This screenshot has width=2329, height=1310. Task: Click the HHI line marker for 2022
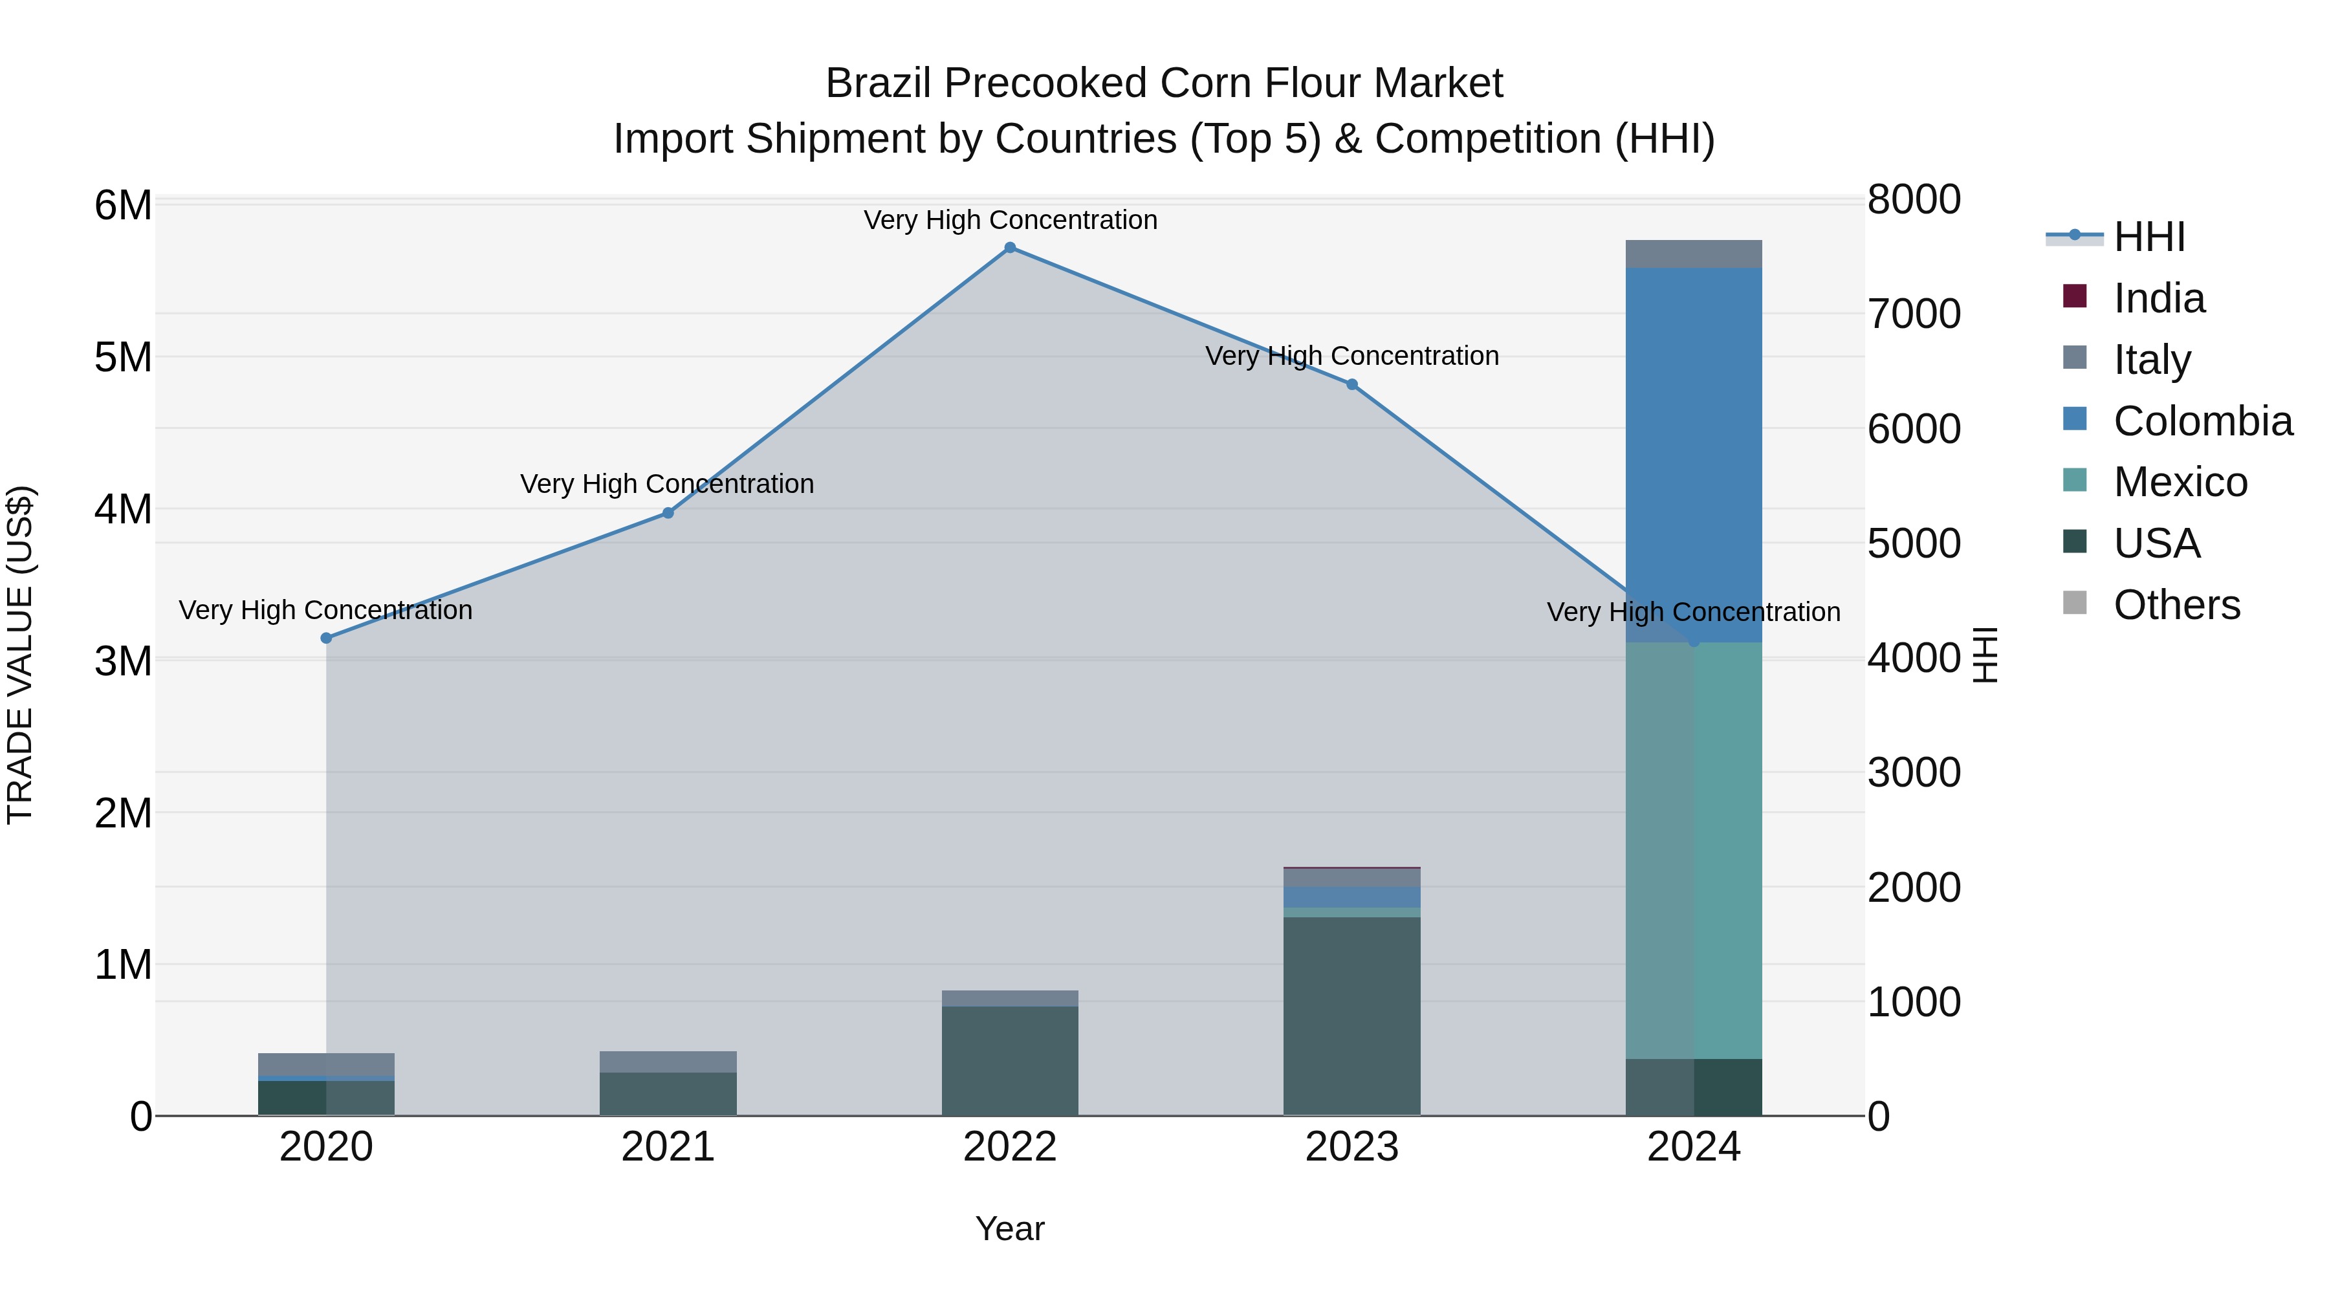[x=1010, y=248]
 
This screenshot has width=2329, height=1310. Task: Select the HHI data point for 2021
[x=668, y=512]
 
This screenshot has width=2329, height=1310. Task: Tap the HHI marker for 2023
[x=1351, y=384]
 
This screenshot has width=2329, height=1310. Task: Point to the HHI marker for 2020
[x=327, y=639]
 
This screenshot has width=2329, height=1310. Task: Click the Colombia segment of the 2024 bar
[x=1694, y=452]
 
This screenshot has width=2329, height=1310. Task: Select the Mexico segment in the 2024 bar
[x=1694, y=850]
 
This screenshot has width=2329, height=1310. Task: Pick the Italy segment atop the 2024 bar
[x=1694, y=254]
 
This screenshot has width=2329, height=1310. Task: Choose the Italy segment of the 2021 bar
[x=668, y=1062]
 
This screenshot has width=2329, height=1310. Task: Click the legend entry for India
[x=2159, y=298]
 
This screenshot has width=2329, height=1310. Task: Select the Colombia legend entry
[x=2202, y=421]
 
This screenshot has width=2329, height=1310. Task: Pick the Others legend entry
[x=2176, y=605]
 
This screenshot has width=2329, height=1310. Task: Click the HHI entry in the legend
[x=2149, y=237]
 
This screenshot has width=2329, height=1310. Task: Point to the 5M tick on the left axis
[x=123, y=357]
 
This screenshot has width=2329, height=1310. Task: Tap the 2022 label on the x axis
[x=1010, y=1147]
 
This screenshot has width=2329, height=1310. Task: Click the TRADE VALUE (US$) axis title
[x=21, y=655]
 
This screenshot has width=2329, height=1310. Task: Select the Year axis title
[x=1010, y=1228]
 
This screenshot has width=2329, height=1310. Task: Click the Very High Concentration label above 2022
[x=1010, y=220]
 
